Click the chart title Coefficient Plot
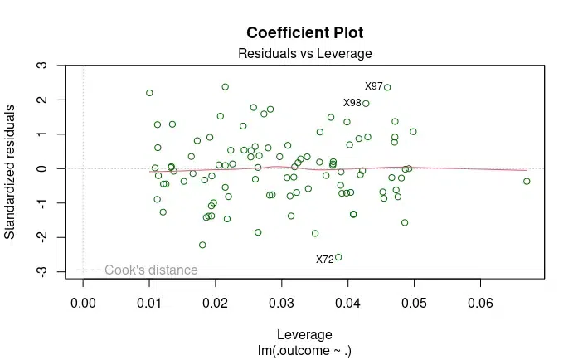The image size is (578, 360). [304, 34]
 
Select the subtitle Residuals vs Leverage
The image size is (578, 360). [304, 54]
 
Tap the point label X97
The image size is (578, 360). [374, 86]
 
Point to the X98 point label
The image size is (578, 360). [352, 103]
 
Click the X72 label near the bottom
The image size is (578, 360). [325, 260]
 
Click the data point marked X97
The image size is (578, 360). [387, 87]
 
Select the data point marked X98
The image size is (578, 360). [366, 104]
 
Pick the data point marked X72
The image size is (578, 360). [338, 257]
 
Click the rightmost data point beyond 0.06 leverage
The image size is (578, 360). [527, 181]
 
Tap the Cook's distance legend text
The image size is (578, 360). [151, 270]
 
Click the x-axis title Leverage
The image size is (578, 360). [304, 335]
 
